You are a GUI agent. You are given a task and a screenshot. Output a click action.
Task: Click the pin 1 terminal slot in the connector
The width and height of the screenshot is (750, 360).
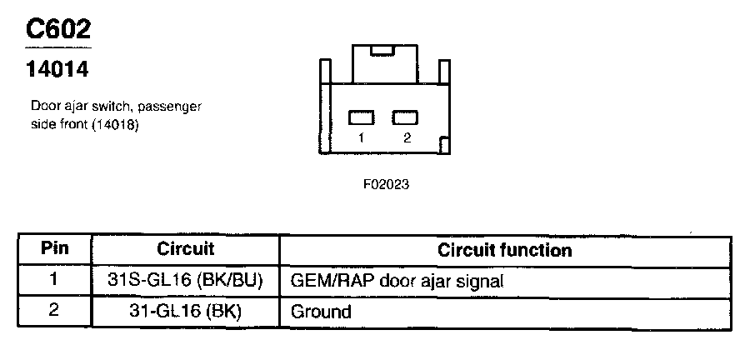pos(360,117)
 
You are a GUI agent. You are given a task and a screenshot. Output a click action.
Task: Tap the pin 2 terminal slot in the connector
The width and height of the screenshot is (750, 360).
pos(404,117)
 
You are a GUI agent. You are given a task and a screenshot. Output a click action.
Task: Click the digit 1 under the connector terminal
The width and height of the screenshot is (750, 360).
pos(361,138)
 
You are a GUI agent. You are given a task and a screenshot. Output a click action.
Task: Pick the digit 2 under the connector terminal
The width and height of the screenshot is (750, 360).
pos(407,138)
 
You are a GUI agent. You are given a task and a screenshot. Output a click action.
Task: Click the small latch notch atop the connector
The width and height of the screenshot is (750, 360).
pos(382,51)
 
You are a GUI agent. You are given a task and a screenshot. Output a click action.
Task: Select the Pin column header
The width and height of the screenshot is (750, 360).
pos(54,249)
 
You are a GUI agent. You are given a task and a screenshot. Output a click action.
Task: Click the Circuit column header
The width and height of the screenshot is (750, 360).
pos(185,249)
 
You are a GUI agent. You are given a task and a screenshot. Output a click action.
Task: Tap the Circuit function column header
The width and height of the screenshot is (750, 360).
pos(505,250)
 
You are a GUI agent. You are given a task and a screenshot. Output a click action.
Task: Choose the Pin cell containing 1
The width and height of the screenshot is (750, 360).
pos(54,280)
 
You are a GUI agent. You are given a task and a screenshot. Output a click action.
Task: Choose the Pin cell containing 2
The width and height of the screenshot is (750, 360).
pos(54,312)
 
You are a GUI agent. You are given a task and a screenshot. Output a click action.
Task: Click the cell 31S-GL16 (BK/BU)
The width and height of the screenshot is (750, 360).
pos(185,281)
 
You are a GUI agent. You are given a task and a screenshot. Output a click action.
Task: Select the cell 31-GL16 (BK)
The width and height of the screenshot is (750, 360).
pos(185,312)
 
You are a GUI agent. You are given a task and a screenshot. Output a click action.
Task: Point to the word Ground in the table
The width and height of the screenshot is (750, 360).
pos(321,312)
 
